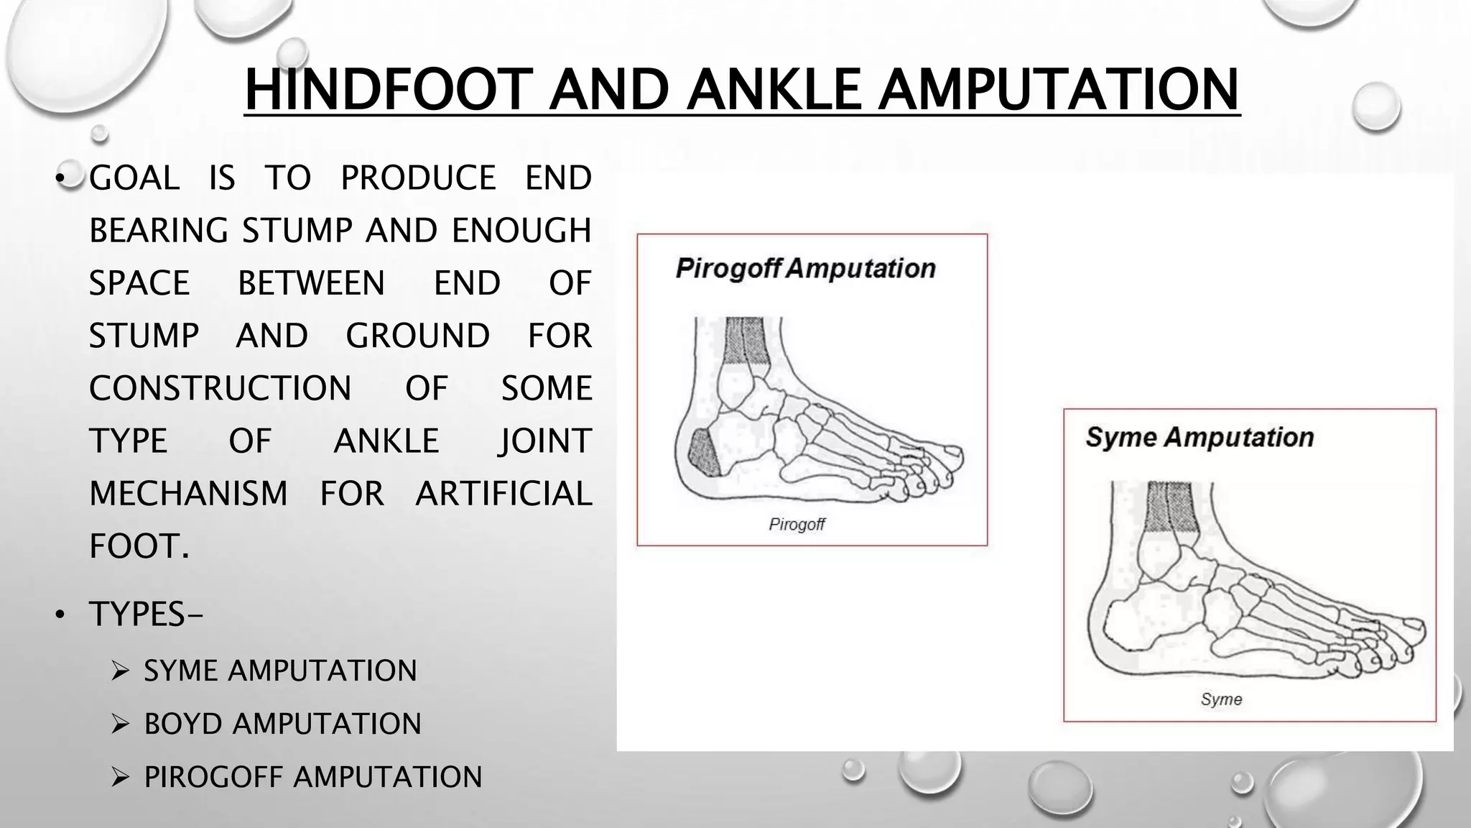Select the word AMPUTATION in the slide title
coord(1059,90)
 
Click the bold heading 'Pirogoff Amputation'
coord(805,269)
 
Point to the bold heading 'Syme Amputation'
coord(1199,437)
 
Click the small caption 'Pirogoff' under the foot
coord(797,525)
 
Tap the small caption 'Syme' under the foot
coord(1221,699)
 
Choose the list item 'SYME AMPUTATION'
coord(280,671)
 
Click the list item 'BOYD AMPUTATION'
coord(282,724)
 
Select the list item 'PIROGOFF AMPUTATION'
coord(312,777)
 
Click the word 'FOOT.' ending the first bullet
coord(139,546)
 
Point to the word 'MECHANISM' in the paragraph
coord(188,494)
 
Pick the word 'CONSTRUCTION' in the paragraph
coord(220,388)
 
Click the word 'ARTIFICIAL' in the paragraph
coord(504,494)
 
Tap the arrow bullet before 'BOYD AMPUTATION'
coord(120,724)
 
